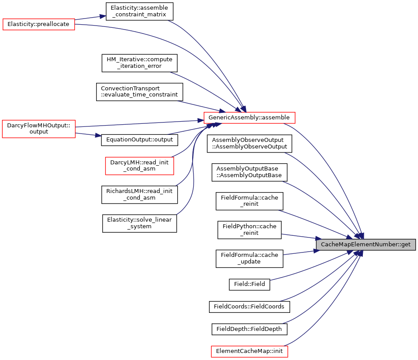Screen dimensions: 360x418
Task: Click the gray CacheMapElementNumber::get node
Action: click(366, 245)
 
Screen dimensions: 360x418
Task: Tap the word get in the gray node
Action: click(406, 245)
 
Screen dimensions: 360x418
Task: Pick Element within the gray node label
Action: click(358, 245)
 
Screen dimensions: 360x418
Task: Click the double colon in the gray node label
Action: click(399, 245)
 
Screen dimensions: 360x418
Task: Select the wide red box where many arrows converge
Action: click(249, 118)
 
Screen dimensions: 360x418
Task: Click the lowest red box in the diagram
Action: click(249, 352)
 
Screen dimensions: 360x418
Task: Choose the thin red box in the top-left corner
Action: click(39, 25)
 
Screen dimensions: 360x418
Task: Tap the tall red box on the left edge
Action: click(39, 129)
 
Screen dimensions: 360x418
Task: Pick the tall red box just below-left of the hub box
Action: click(139, 166)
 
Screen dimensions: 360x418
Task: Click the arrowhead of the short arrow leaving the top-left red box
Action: click(103, 16)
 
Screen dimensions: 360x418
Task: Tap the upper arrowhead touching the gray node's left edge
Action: click(319, 238)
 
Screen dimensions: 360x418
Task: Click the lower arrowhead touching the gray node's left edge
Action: click(316, 251)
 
